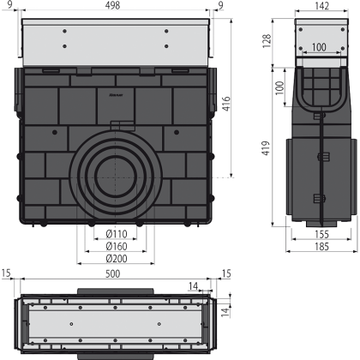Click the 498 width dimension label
pyautogui.click(x=112, y=5)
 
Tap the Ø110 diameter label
pyautogui.click(x=117, y=234)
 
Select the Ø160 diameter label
pyautogui.click(x=117, y=246)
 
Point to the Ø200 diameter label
pyautogui.click(x=117, y=259)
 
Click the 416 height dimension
pyautogui.click(x=226, y=104)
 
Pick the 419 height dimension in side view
pyautogui.click(x=266, y=148)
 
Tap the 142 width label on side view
pyautogui.click(x=321, y=6)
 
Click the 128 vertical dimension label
pyautogui.click(x=267, y=41)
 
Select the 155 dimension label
pyautogui.click(x=321, y=234)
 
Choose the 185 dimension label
pyautogui.click(x=321, y=246)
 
